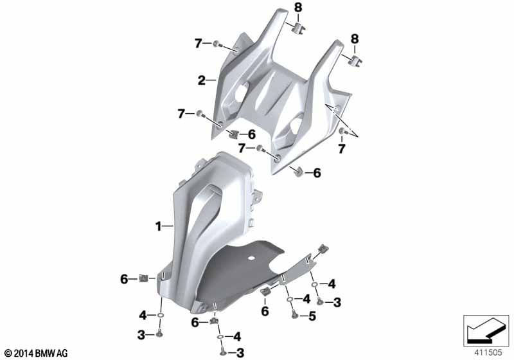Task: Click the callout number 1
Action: [x=158, y=226]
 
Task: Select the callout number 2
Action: [x=202, y=80]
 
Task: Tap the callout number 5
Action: [x=312, y=316]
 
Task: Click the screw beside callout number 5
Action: [x=294, y=315]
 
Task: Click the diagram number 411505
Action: [x=488, y=352]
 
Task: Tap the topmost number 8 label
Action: [x=297, y=8]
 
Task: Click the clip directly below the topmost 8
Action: [x=297, y=28]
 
